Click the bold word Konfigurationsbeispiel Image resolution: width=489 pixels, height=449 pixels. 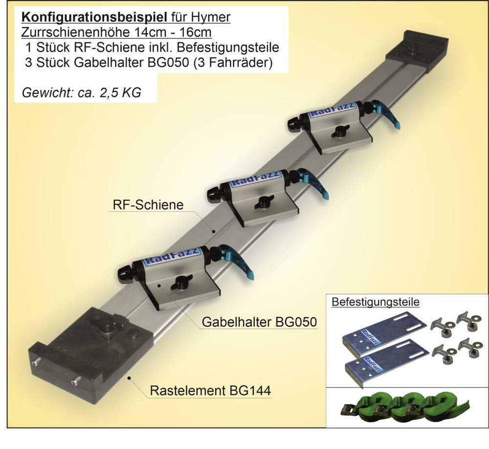click(x=95, y=18)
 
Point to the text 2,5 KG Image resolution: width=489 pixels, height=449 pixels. click(x=121, y=93)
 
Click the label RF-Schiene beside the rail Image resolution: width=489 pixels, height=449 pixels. click(x=148, y=205)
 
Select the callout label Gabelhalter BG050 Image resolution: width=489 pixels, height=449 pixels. click(x=260, y=322)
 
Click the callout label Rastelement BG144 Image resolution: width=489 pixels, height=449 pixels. click(x=210, y=391)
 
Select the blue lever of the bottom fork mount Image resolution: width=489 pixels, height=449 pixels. click(x=237, y=260)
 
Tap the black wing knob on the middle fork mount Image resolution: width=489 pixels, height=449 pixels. click(x=264, y=203)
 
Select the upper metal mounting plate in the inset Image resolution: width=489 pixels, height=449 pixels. click(x=384, y=333)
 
